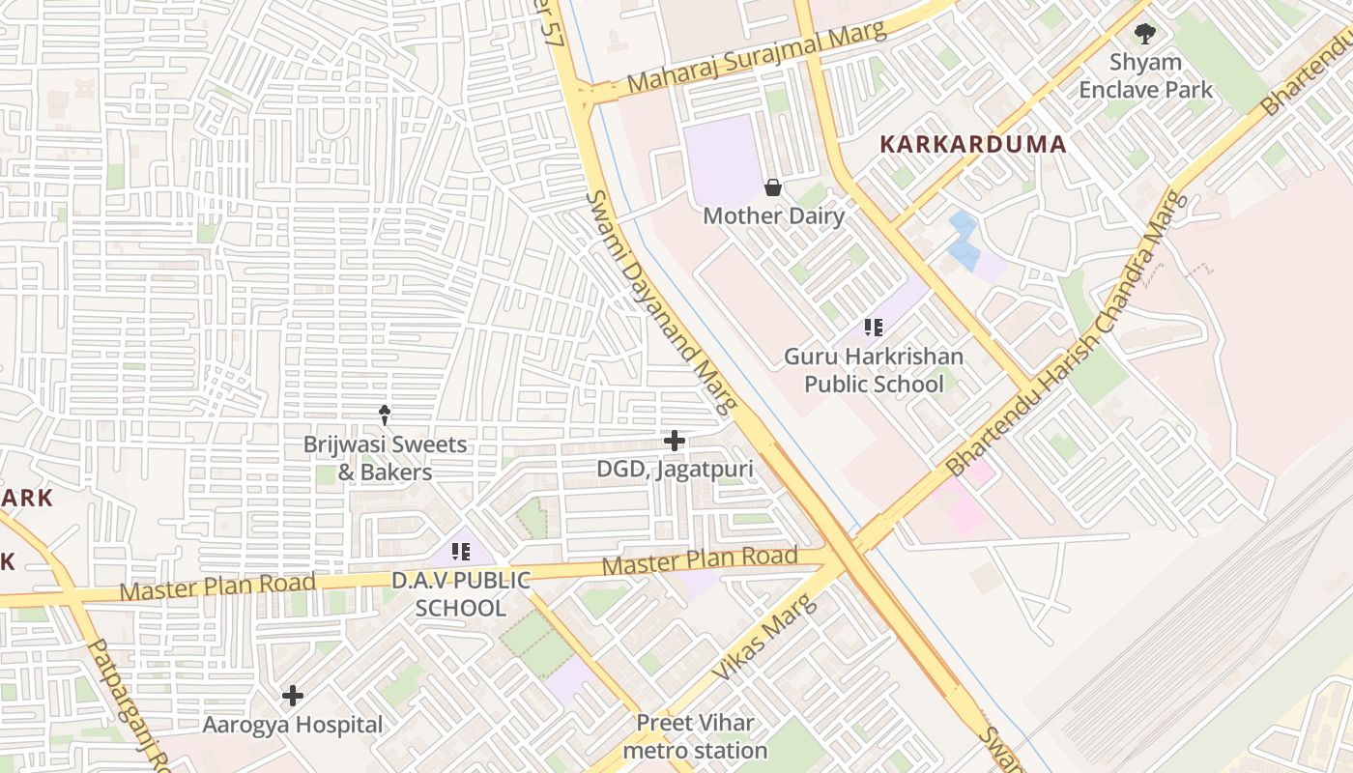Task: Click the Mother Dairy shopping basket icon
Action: pos(772,187)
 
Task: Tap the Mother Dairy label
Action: pos(773,215)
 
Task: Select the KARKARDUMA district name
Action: pos(973,145)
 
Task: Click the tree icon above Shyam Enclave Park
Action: pos(1145,34)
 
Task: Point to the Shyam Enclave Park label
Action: pos(1145,76)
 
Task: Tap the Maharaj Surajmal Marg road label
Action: pos(756,57)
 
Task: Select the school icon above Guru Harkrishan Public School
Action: pos(874,328)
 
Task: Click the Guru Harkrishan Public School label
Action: pos(874,370)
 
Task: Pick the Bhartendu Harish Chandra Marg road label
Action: pos(1067,332)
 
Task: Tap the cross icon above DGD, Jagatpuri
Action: pos(675,442)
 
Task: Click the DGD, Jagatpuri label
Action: pos(675,470)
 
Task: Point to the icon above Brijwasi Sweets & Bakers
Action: pos(385,415)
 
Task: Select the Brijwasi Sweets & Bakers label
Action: pos(385,459)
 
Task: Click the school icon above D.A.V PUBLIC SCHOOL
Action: pos(461,552)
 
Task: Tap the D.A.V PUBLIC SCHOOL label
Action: pos(461,594)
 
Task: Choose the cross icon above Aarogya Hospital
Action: pos(293,696)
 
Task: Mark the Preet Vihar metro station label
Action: pos(695,736)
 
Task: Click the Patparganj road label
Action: pos(127,706)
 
